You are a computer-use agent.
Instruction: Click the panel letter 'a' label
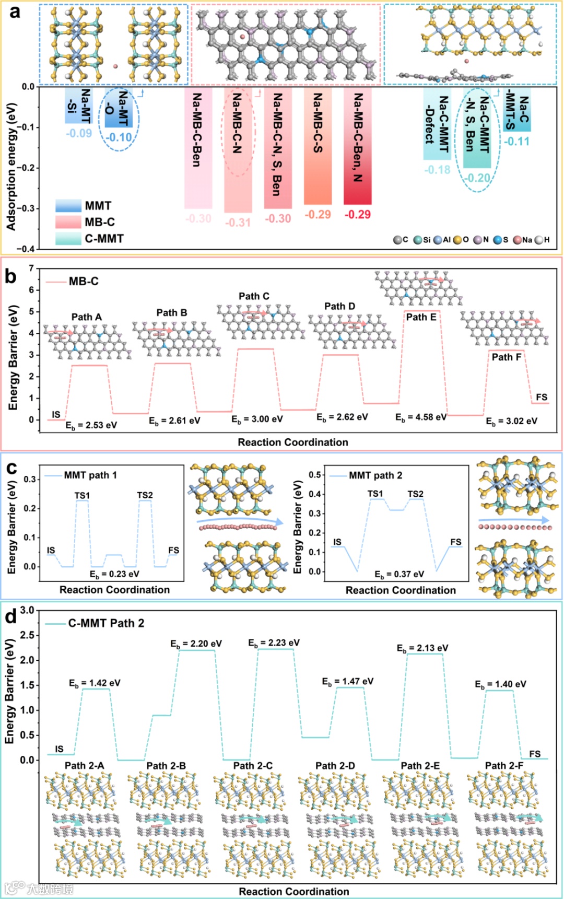(15, 11)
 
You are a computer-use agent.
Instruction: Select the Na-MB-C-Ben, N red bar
(358, 146)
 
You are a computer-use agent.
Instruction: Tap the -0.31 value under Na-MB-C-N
(238, 223)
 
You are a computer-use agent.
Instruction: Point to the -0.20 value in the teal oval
(477, 178)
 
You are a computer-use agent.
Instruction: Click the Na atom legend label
(526, 240)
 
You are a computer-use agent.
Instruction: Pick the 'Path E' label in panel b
(421, 317)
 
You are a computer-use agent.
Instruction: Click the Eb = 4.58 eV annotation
(421, 417)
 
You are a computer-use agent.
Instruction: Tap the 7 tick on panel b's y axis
(31, 268)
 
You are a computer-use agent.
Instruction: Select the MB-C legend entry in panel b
(84, 282)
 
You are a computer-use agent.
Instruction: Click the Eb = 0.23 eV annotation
(114, 574)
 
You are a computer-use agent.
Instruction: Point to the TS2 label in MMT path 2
(415, 494)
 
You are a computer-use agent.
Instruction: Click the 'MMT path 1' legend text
(90, 475)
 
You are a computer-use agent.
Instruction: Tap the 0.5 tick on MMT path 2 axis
(314, 475)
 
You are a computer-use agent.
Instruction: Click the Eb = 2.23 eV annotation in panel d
(274, 643)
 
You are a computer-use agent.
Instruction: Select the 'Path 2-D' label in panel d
(335, 766)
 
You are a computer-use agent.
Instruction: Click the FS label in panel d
(535, 754)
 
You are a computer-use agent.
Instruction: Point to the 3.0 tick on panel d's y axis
(27, 610)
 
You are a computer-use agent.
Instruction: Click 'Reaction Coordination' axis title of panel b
(293, 442)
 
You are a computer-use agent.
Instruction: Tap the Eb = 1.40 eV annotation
(500, 684)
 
